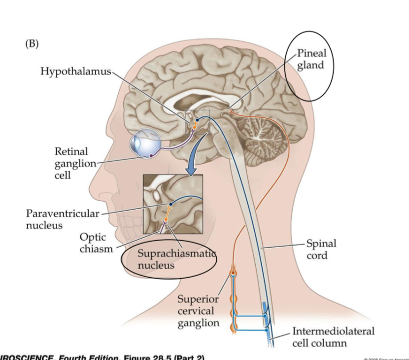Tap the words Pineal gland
tap(311, 59)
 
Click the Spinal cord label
tap(321, 250)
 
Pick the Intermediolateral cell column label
tap(333, 337)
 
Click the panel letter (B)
tap(32, 43)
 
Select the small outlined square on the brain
tap(198, 121)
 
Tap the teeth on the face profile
tap(118, 232)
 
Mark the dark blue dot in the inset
tap(170, 203)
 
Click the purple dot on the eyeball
tap(151, 156)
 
